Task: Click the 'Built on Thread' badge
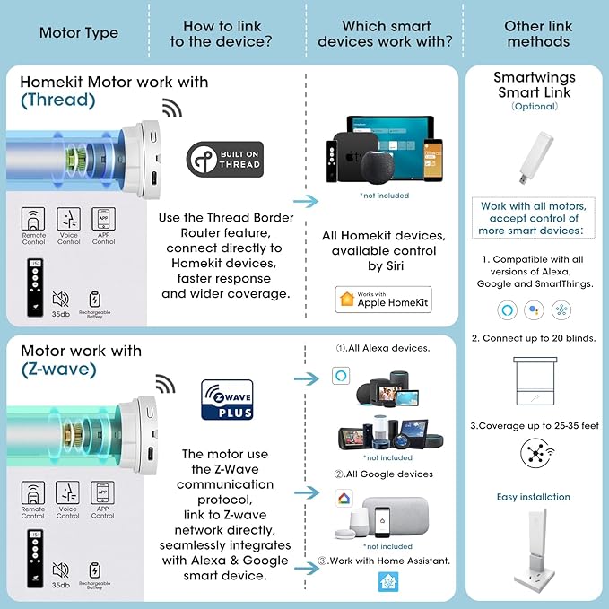pyautogui.click(x=223, y=159)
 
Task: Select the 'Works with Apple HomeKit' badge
pyautogui.click(x=383, y=300)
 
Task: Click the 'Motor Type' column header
pyautogui.click(x=79, y=33)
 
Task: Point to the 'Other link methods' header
pyautogui.click(x=537, y=34)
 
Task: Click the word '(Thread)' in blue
pyautogui.click(x=58, y=100)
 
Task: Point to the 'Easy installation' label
pyautogui.click(x=534, y=497)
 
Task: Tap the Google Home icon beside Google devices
pyautogui.click(x=342, y=500)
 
